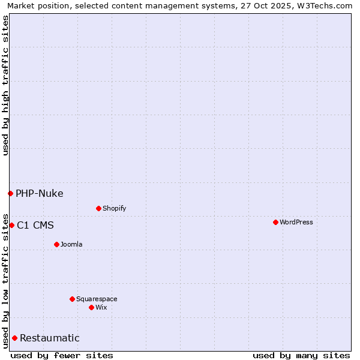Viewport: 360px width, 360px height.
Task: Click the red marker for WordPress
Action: tap(275, 222)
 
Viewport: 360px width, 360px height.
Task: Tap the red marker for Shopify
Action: tap(98, 208)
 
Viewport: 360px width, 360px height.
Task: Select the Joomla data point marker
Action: tap(56, 244)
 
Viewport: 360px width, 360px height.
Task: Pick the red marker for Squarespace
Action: tap(72, 299)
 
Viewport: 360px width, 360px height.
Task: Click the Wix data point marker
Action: tap(91, 307)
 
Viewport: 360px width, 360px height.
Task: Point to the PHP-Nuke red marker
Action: tap(10, 193)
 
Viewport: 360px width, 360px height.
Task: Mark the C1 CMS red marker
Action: tap(11, 225)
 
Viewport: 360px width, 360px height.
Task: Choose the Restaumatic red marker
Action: tap(14, 338)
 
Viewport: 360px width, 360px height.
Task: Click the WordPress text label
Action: tap(296, 222)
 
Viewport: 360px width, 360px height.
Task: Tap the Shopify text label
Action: tap(114, 208)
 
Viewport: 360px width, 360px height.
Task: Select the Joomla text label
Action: tap(71, 244)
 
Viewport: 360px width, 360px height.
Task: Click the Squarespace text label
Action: tap(97, 299)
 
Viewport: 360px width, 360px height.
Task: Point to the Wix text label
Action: tap(101, 307)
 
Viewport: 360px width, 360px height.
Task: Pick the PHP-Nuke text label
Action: tap(40, 193)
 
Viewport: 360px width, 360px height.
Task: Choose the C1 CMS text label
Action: tap(35, 225)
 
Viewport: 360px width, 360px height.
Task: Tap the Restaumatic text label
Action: tap(50, 338)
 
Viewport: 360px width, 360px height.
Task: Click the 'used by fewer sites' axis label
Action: tap(62, 355)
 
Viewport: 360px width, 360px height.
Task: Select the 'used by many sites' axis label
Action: tap(301, 355)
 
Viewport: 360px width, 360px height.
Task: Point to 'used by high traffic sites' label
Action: tap(5, 85)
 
